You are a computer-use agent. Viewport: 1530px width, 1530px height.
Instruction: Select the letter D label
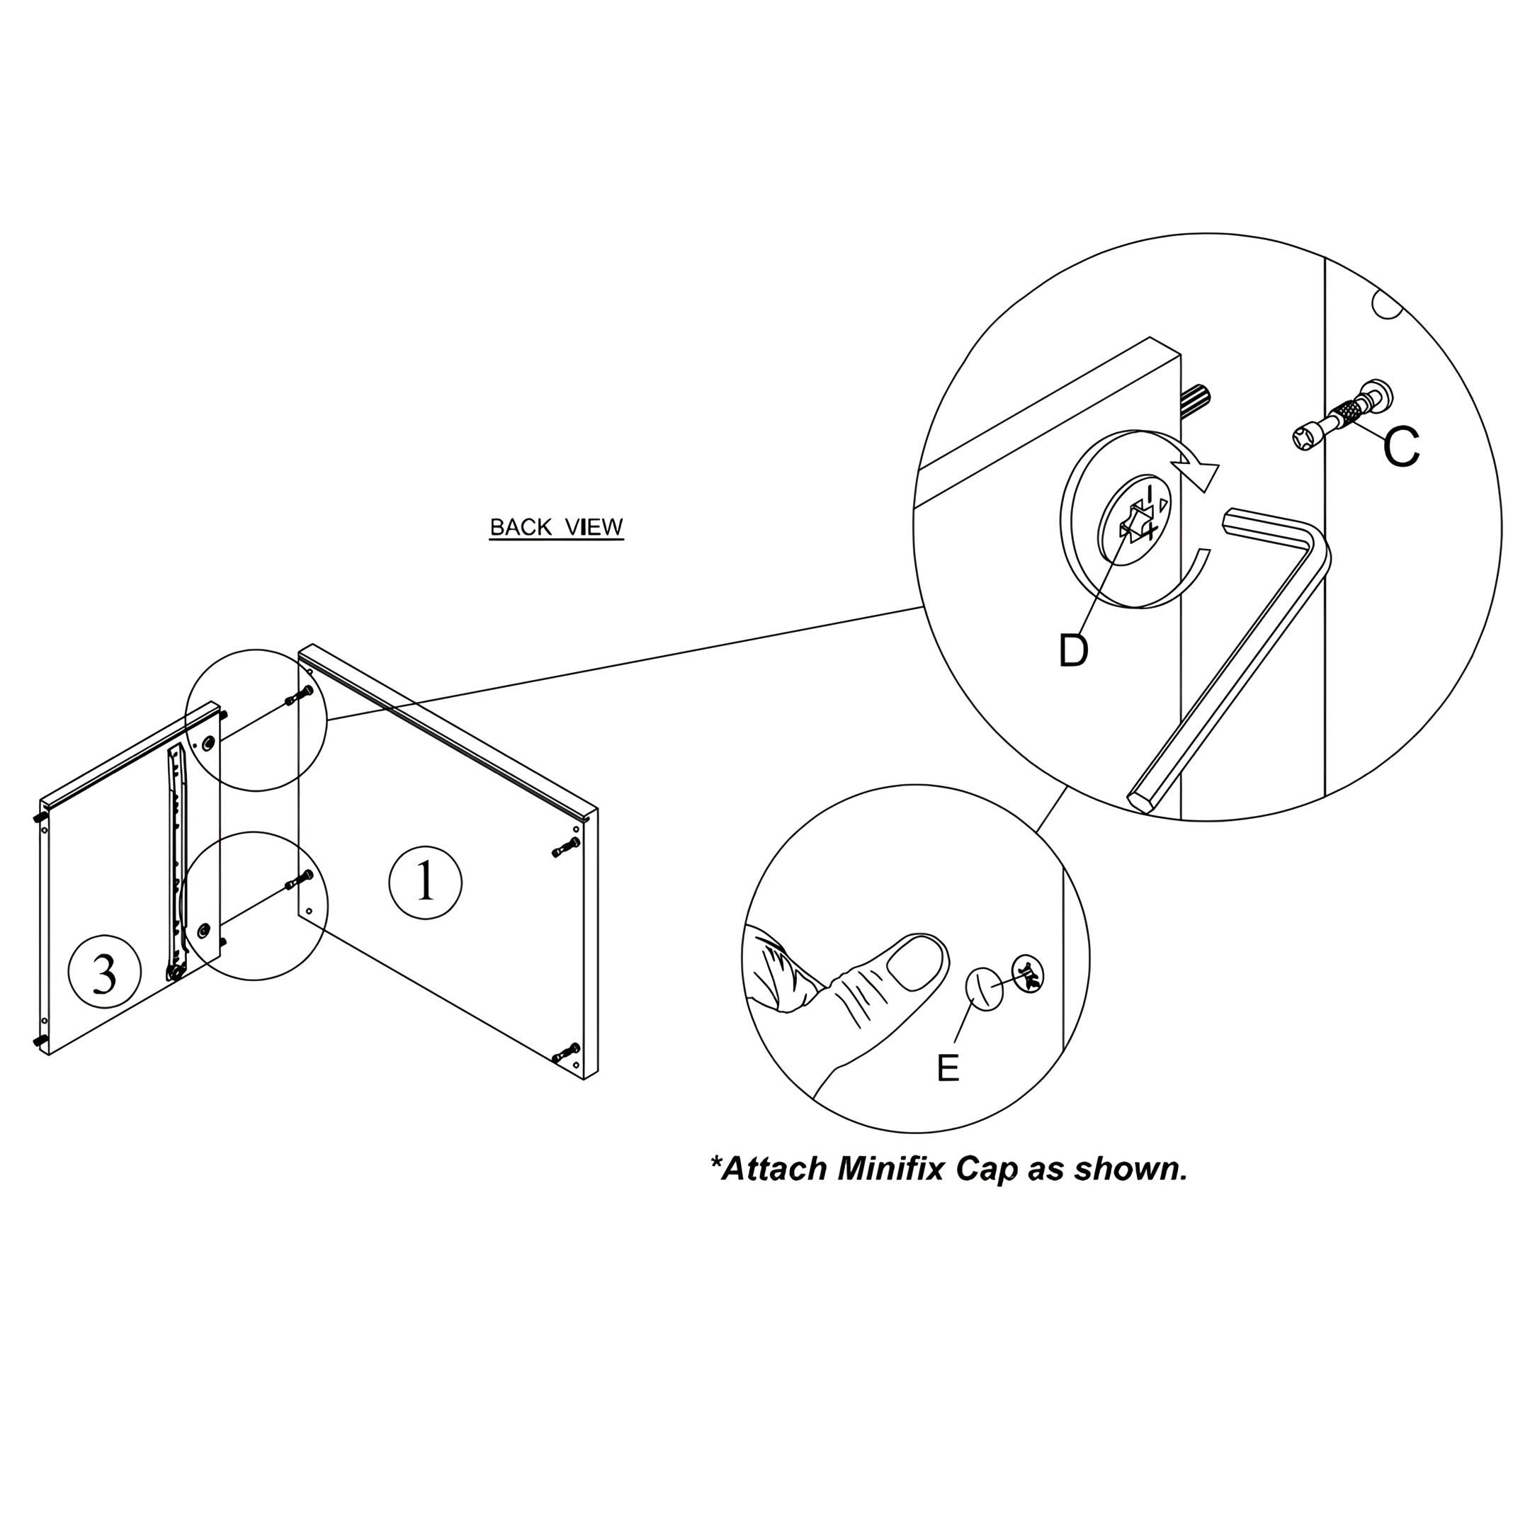tap(1073, 651)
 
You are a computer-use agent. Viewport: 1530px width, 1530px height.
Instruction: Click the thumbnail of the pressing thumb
tap(917, 962)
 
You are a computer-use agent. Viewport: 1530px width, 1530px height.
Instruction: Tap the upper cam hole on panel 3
tap(208, 744)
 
